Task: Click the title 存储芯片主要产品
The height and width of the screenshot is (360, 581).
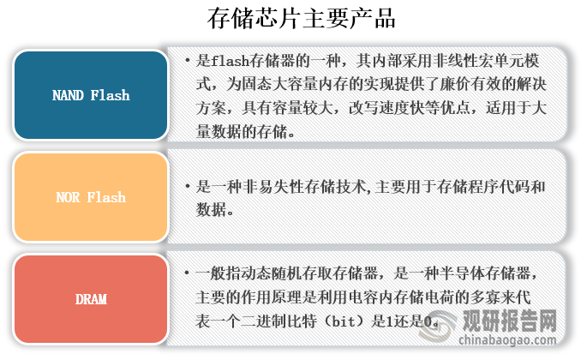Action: pyautogui.click(x=290, y=19)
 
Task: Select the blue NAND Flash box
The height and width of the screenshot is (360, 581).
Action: pyautogui.click(x=90, y=95)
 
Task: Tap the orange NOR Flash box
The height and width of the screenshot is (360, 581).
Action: pyautogui.click(x=90, y=197)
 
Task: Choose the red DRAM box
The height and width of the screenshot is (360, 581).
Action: pyautogui.click(x=90, y=298)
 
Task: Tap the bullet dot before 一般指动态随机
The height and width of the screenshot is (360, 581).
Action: pyautogui.click(x=187, y=274)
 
